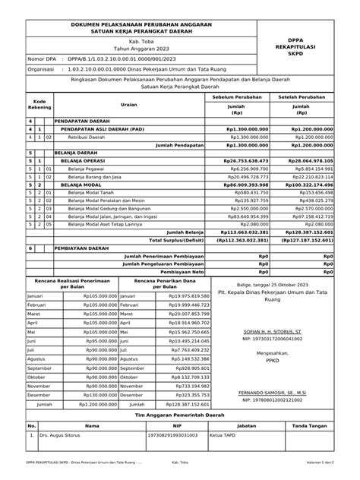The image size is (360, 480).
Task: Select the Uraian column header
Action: point(128,105)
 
